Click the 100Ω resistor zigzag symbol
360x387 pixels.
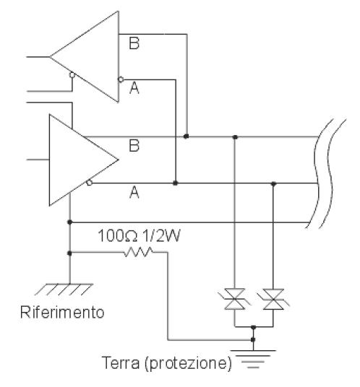point(138,252)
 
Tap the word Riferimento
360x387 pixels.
point(62,312)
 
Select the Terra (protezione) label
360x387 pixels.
point(167,363)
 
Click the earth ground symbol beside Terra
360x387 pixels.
point(253,359)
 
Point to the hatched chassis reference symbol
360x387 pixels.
point(64,290)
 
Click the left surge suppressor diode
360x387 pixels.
point(234,299)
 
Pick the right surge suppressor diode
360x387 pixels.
point(273,299)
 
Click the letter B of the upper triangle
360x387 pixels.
point(134,43)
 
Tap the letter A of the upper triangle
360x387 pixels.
point(134,88)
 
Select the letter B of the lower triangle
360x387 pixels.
point(134,145)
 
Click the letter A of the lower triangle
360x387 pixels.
point(134,192)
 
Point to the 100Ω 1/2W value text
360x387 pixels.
point(139,235)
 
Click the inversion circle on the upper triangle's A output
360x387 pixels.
point(121,79)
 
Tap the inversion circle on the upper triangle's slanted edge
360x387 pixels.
point(72,75)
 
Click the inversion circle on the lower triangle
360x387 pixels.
point(90,183)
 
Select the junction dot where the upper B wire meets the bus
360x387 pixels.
point(187,136)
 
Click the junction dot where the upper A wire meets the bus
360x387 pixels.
point(176,183)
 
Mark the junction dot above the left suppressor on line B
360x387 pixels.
point(235,137)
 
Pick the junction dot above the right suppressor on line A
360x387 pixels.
point(273,183)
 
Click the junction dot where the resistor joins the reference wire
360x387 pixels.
point(69,253)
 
